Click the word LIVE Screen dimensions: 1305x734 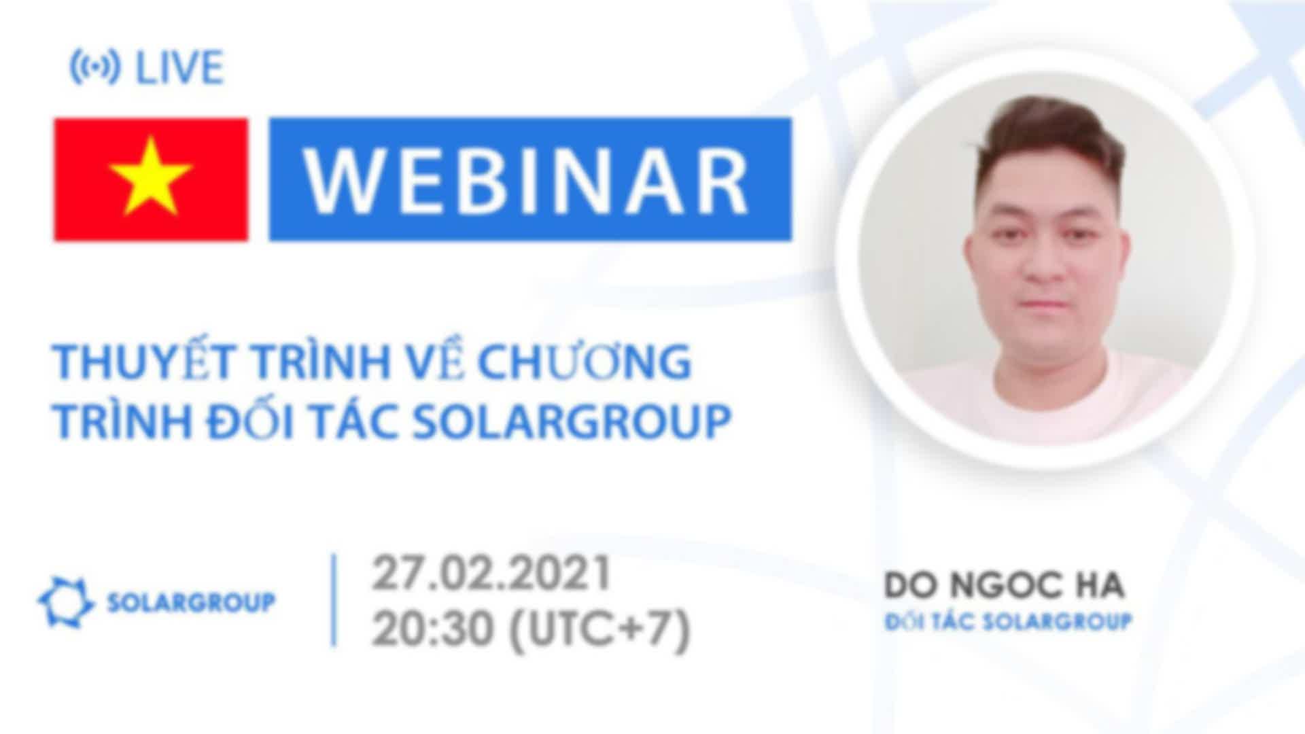(x=179, y=68)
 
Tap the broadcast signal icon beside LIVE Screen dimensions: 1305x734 (x=95, y=68)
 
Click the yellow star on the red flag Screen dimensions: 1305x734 (x=151, y=176)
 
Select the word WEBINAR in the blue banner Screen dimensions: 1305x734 (x=527, y=180)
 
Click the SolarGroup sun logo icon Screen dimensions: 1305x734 (x=65, y=602)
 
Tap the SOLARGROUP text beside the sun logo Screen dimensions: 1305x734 (x=192, y=602)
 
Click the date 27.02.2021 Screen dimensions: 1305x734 (x=491, y=574)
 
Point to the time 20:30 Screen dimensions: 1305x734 (x=432, y=628)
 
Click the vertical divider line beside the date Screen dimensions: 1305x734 (x=334, y=600)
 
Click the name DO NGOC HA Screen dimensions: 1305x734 (x=1003, y=587)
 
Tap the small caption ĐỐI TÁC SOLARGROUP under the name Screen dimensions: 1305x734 (x=1007, y=621)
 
